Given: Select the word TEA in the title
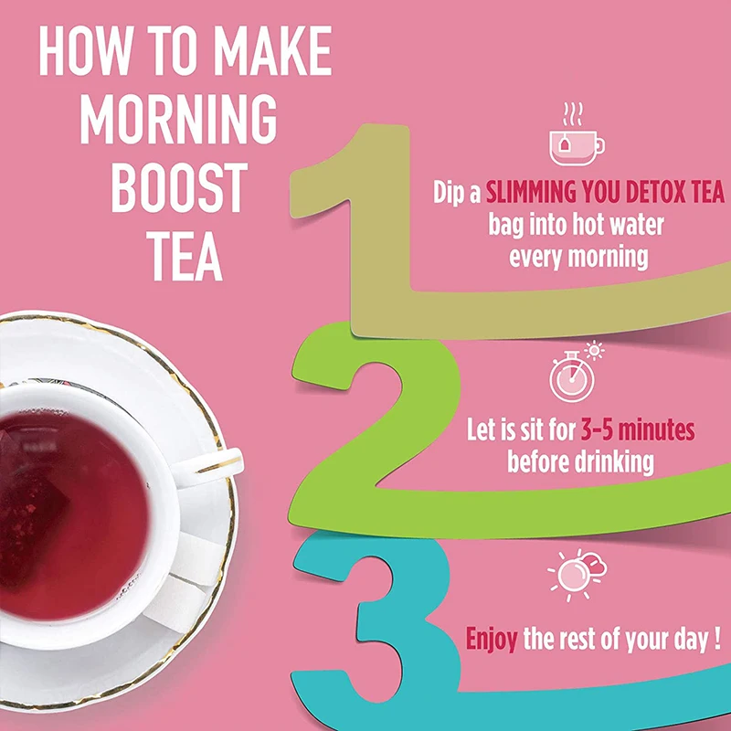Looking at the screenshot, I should coord(177,255).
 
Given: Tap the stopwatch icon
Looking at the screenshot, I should coord(570,376).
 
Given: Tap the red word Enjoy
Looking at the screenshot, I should coord(493,639).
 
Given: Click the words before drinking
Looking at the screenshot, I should coord(581,461).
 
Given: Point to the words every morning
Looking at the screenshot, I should coord(578,256).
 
